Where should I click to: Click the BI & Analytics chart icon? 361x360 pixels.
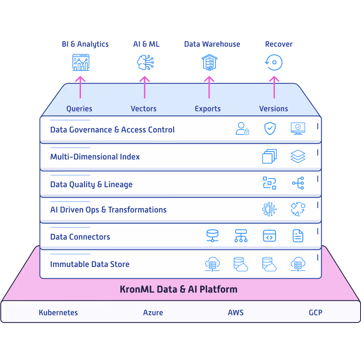(81, 63)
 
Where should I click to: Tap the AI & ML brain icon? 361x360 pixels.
(145, 63)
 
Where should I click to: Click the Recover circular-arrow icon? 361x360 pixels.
(274, 62)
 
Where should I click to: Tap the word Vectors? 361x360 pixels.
(144, 109)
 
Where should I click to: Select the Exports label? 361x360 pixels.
(208, 109)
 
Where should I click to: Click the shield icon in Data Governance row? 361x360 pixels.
(270, 128)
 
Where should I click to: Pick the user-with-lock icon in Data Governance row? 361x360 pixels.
(242, 128)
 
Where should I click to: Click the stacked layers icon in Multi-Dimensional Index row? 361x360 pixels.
(298, 156)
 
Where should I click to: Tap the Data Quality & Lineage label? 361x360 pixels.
(91, 184)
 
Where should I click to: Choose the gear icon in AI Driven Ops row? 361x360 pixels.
(269, 209)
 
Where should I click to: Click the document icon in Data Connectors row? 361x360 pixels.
(298, 236)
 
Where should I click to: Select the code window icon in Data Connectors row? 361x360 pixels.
(269, 236)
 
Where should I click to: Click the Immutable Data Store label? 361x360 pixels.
(90, 264)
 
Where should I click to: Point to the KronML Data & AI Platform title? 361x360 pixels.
(178, 289)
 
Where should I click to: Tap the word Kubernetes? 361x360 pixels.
(58, 312)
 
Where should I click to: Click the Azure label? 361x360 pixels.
(153, 312)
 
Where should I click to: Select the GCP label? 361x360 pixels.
(315, 312)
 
